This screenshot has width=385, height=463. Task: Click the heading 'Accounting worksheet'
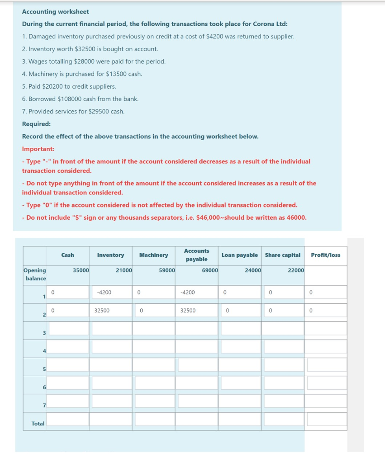(x=56, y=12)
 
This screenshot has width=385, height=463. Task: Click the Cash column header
(x=67, y=255)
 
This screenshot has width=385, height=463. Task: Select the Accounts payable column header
(x=196, y=255)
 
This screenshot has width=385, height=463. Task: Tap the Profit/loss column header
(x=326, y=255)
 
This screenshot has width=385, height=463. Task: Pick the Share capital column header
(x=282, y=255)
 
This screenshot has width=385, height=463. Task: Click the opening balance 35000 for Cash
(x=81, y=270)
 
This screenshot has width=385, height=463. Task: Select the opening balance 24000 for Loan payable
(x=253, y=270)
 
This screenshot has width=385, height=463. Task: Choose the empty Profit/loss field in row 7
(x=326, y=401)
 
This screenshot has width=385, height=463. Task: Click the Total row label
(x=38, y=424)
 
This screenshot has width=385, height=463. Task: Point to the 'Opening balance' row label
(x=35, y=274)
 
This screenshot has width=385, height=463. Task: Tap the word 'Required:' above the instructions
(x=36, y=124)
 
